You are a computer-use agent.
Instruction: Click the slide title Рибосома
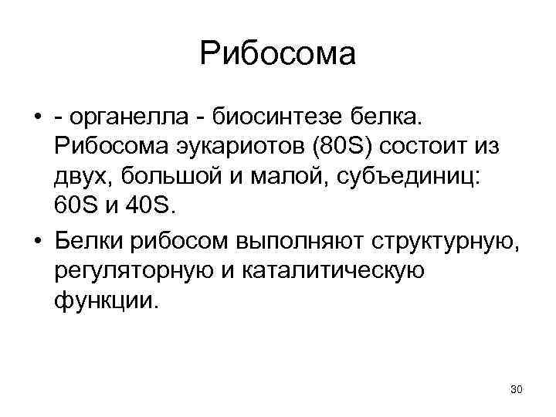click(277, 54)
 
